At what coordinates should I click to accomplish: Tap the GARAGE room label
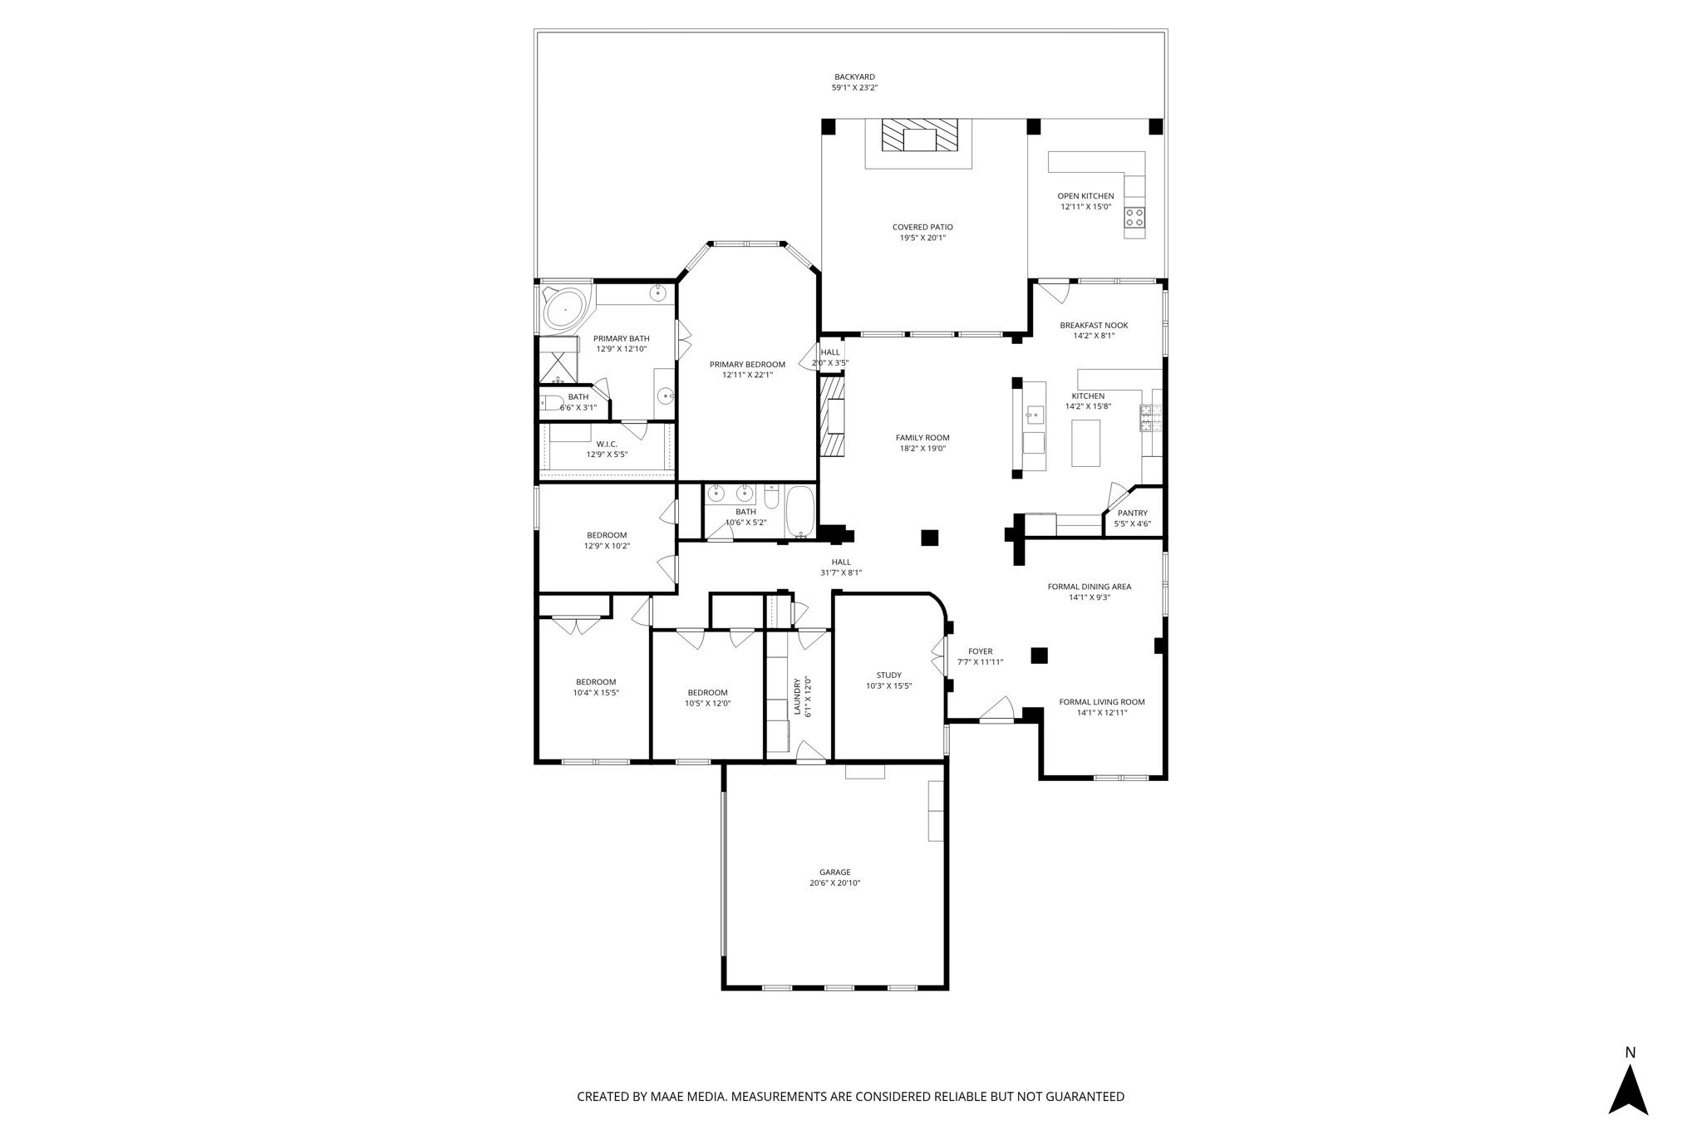pos(834,872)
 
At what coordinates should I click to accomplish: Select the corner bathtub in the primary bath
pos(565,310)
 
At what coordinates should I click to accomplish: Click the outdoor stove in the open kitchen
pos(1134,218)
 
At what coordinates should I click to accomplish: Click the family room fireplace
pos(833,416)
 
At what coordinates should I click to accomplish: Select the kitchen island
pos(1085,443)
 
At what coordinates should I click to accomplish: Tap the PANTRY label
pos(1132,513)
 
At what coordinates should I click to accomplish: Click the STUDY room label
pos(888,676)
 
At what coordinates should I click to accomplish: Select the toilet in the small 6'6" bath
pos(551,405)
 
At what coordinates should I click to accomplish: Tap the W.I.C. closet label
pos(607,444)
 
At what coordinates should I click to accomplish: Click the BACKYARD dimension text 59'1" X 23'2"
pos(854,87)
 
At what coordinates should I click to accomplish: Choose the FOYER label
pos(980,651)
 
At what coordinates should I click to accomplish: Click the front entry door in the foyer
pos(996,711)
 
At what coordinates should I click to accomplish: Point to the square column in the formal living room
pos(1039,656)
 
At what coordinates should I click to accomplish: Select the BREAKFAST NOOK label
pos(1094,326)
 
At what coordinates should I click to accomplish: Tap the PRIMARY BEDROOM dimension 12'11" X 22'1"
pos(747,375)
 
